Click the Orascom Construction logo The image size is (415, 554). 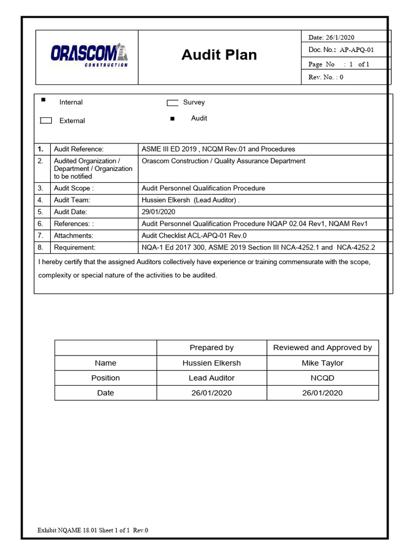coord(89,55)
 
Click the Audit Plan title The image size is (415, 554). coord(219,55)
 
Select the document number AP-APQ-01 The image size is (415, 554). coord(356,50)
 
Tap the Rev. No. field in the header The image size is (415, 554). coord(326,77)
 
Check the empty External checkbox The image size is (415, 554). coord(46,121)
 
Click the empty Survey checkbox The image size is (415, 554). coord(172,103)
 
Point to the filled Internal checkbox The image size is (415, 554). coord(43,100)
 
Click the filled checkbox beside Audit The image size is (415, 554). coord(172,118)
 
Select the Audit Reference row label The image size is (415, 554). coord(78,149)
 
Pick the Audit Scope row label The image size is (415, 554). coord(73,188)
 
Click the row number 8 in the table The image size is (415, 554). coord(40,247)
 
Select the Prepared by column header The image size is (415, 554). coord(211,347)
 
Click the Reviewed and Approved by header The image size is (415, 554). coord(322,347)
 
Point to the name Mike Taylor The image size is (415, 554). coord(322,362)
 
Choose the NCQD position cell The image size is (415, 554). coord(322,378)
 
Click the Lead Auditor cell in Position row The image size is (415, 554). coord(211,378)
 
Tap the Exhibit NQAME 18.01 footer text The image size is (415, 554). coord(92,530)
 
